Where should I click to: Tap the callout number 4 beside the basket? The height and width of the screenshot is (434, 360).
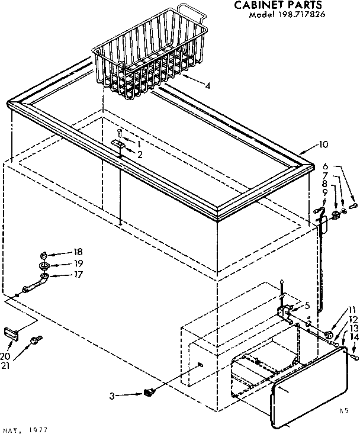coord(207,85)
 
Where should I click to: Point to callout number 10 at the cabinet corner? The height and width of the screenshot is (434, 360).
coord(323,144)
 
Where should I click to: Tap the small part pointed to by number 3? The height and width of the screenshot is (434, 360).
coord(149,391)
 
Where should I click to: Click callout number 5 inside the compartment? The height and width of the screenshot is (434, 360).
coord(307,306)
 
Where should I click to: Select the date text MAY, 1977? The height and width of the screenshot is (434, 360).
coord(24,429)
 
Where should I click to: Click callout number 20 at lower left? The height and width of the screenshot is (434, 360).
coord(5,355)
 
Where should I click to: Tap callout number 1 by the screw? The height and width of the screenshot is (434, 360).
coord(139,144)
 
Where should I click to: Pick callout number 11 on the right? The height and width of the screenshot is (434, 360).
coord(354,309)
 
